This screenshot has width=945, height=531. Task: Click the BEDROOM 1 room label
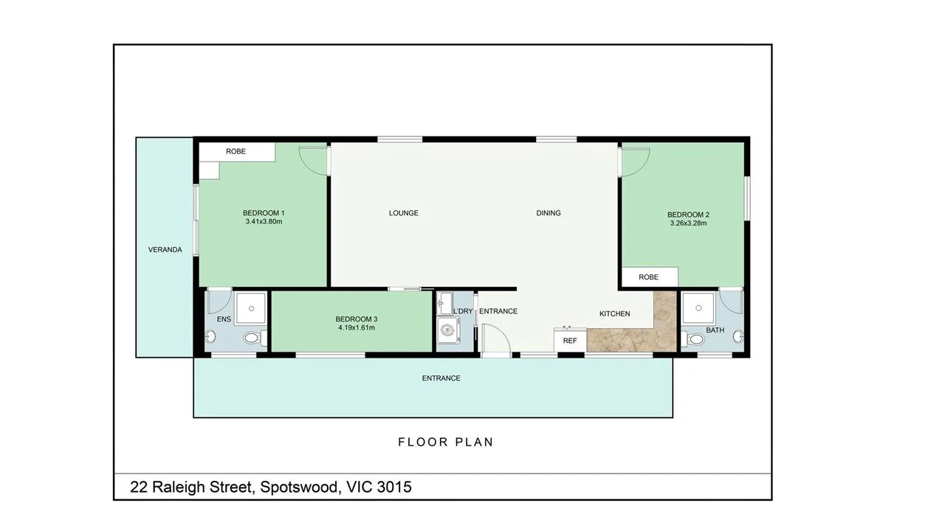(264, 213)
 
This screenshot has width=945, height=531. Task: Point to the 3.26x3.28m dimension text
(688, 223)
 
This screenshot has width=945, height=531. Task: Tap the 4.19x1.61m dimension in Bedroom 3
(356, 327)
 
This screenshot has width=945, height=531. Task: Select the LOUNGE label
(404, 213)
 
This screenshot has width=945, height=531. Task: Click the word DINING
(549, 213)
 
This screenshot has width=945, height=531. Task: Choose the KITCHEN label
(614, 313)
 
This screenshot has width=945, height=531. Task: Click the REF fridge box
(570, 341)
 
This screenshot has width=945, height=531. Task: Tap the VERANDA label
(165, 250)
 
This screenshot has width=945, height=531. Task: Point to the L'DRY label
(463, 311)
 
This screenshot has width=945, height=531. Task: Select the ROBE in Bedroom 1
(236, 151)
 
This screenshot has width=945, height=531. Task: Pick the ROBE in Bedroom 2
(648, 277)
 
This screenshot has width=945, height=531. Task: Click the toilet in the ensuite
(252, 339)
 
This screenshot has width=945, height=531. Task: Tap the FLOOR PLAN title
(445, 442)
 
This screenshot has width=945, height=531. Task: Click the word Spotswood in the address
(298, 487)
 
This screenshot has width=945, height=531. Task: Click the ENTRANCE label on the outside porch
(441, 378)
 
